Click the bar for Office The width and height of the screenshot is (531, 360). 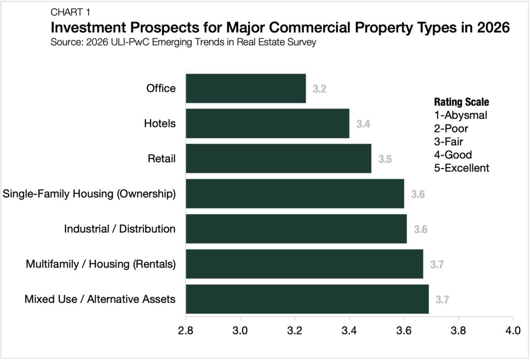pyautogui.click(x=246, y=88)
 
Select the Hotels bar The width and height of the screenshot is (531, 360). pyautogui.click(x=268, y=123)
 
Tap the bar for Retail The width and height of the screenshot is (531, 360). pyautogui.click(x=278, y=159)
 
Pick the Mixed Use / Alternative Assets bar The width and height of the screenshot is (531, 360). pyautogui.click(x=307, y=299)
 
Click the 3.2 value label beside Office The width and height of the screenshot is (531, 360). pyautogui.click(x=319, y=89)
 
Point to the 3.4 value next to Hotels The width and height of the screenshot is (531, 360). pyautogui.click(x=363, y=124)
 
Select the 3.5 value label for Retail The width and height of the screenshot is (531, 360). pyautogui.click(x=385, y=159)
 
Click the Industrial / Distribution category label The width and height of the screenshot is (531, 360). pyautogui.click(x=120, y=229)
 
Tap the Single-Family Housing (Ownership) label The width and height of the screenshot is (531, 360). pyautogui.click(x=89, y=194)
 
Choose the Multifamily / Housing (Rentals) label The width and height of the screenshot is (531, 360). pyautogui.click(x=101, y=264)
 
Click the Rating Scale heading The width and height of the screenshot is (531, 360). pyautogui.click(x=461, y=102)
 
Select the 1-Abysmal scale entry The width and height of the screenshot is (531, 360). pyautogui.click(x=460, y=115)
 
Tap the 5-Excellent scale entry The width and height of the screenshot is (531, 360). pyautogui.click(x=461, y=168)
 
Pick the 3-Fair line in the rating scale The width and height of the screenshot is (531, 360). pyautogui.click(x=449, y=141)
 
